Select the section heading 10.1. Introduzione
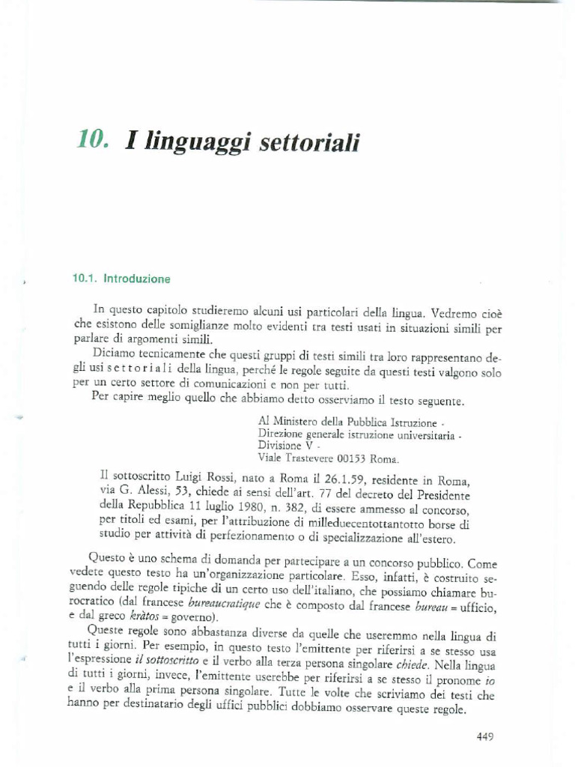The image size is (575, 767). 121,279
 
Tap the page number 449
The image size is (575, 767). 485,736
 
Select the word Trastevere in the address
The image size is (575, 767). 302,458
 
